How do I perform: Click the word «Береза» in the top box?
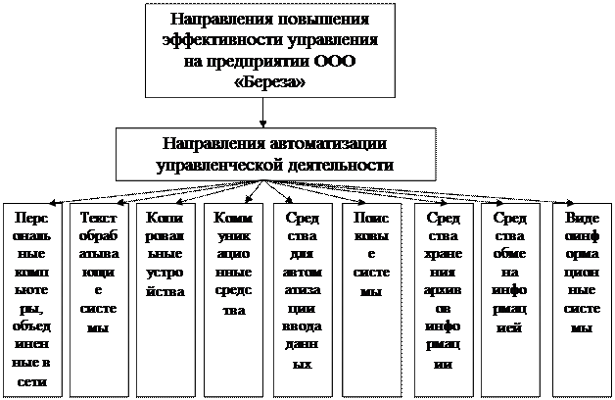(x=269, y=81)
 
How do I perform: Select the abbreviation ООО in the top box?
(x=335, y=61)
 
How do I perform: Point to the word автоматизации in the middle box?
(x=328, y=144)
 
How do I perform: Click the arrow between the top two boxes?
(x=262, y=113)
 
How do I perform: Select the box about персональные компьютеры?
(x=32, y=300)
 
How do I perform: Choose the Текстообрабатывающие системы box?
(x=99, y=300)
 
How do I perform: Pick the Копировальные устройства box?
(x=166, y=300)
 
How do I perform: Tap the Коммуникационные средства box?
(x=234, y=300)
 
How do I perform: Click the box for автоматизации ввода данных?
(x=303, y=300)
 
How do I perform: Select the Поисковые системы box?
(x=372, y=300)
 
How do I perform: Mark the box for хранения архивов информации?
(x=444, y=300)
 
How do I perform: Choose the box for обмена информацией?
(x=510, y=300)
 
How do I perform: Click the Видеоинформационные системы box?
(x=582, y=300)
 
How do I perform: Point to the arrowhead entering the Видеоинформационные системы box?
(x=571, y=203)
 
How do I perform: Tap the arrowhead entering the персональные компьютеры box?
(x=53, y=203)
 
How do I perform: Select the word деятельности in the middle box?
(x=341, y=165)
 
